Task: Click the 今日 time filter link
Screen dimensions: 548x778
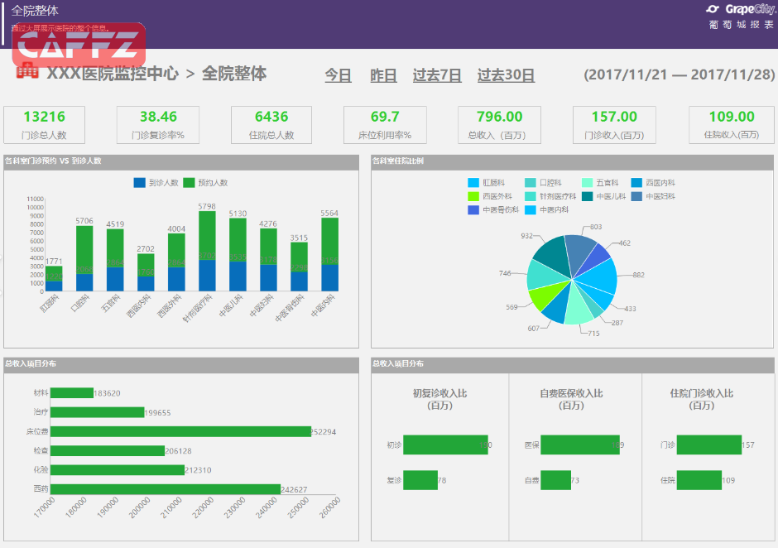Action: (338, 75)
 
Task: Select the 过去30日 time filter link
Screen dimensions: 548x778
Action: (506, 75)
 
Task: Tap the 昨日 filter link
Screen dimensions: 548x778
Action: (383, 75)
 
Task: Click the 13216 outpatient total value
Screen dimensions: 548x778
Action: (44, 117)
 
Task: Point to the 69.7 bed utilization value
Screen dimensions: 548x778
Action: (384, 117)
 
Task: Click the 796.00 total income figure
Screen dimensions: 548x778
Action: (499, 117)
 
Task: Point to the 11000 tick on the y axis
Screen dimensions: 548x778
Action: (35, 199)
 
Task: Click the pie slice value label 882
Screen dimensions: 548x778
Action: (638, 275)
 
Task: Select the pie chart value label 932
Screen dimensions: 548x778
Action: (526, 236)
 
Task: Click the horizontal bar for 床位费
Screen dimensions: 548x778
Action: (180, 431)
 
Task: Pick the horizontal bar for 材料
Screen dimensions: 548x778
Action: (71, 393)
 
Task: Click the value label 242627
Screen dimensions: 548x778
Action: (294, 489)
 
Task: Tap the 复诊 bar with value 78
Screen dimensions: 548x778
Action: (420, 480)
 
